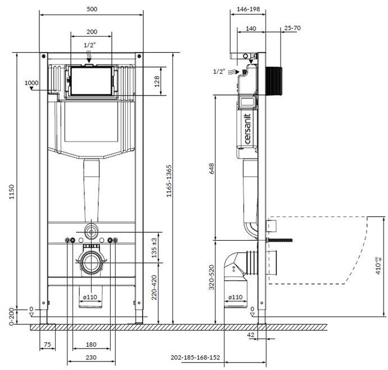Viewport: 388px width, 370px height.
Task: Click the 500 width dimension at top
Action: click(91, 9)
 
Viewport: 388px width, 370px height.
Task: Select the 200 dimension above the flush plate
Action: click(91, 33)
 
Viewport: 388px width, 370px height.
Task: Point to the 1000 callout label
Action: click(32, 83)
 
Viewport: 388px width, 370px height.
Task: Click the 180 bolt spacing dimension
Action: click(91, 344)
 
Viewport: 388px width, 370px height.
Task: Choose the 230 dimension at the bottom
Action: click(91, 358)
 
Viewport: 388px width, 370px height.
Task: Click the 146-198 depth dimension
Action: click(248, 10)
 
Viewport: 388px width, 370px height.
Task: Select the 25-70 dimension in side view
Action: click(292, 27)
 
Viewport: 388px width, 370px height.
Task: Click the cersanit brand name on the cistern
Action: click(247, 130)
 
